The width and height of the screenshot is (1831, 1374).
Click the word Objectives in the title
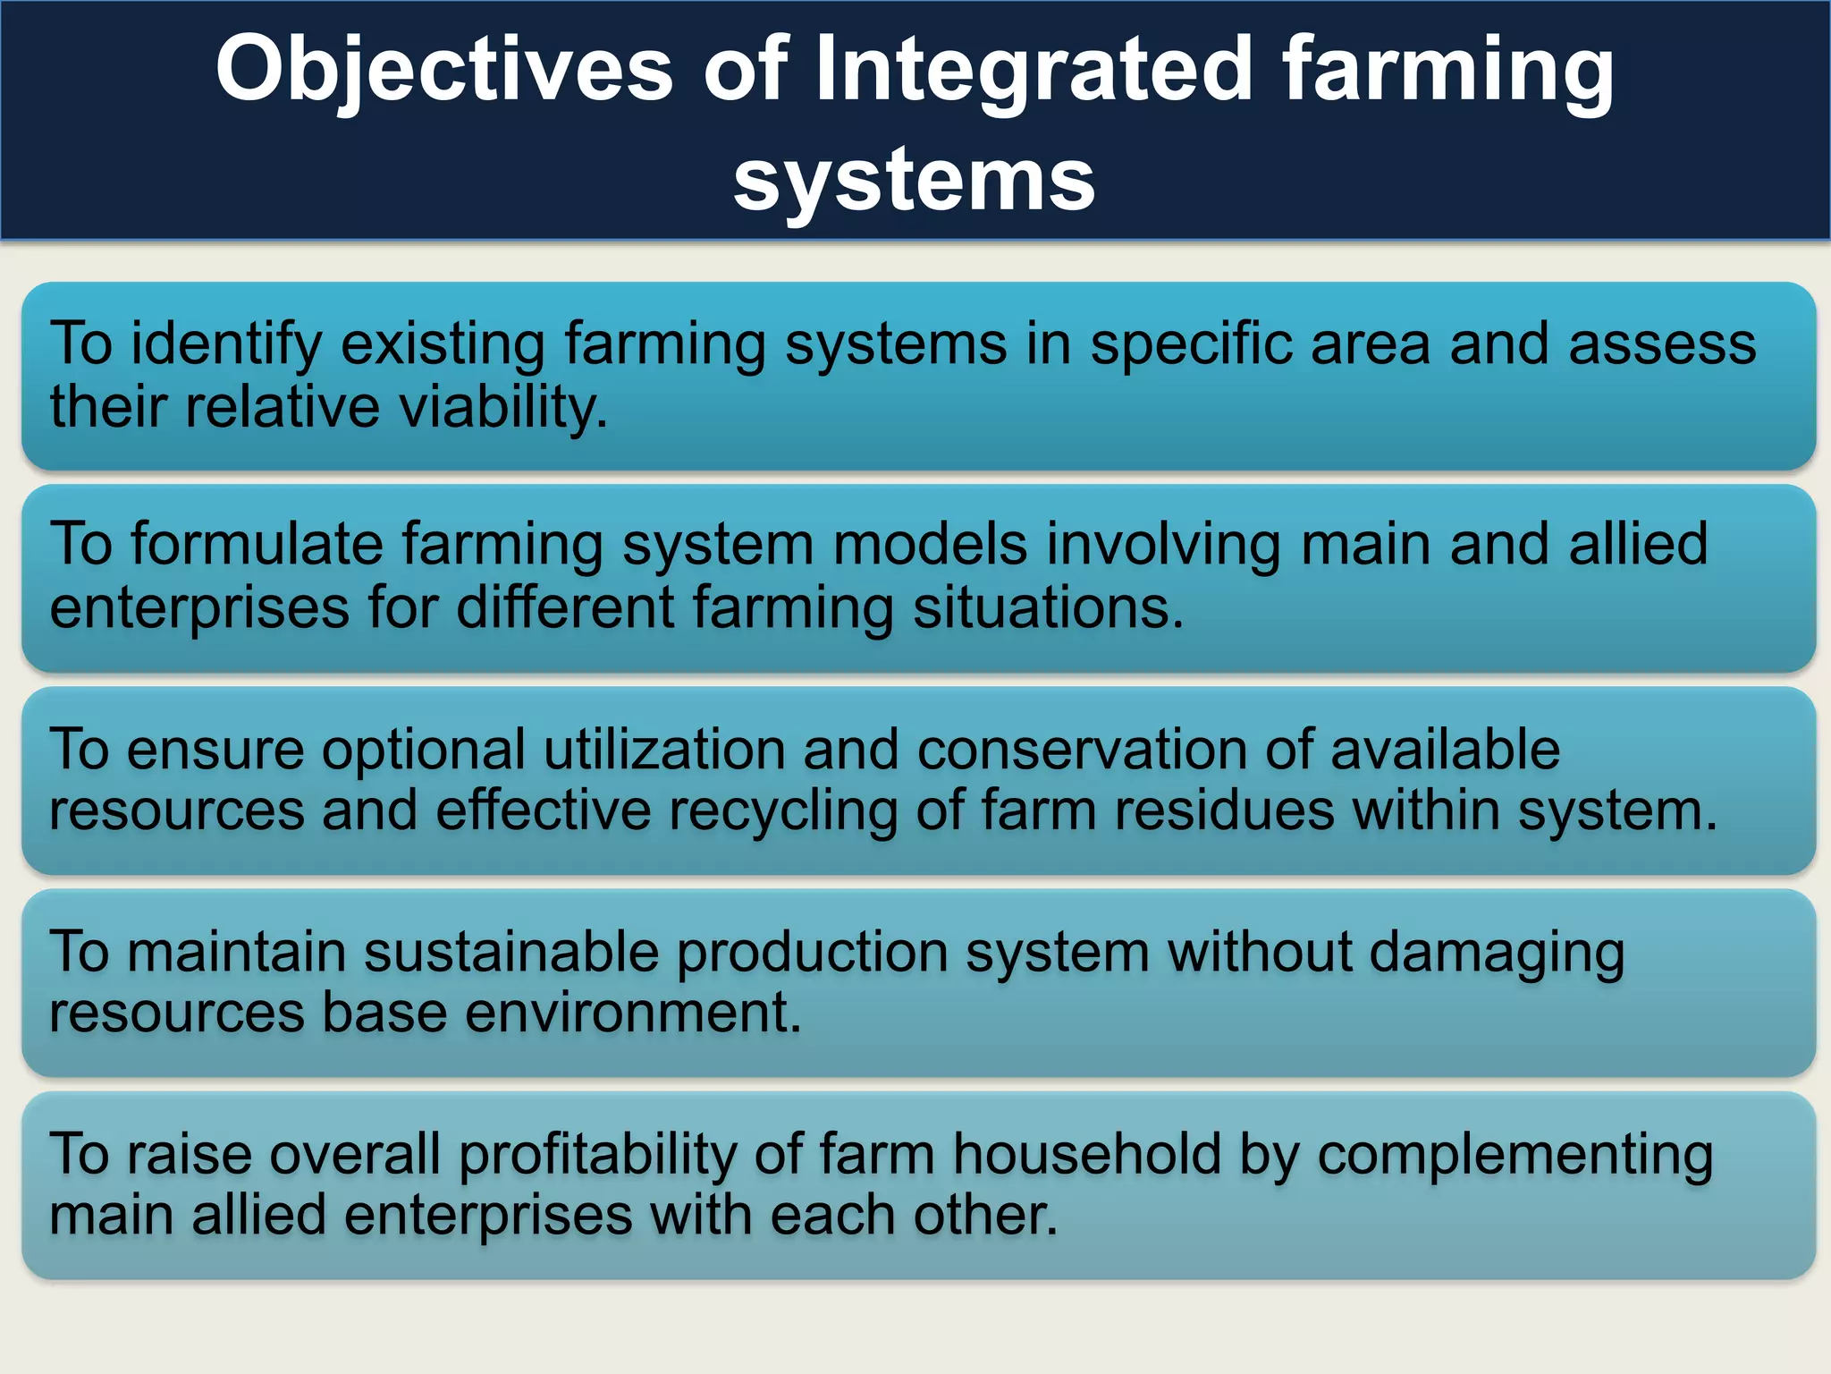(x=444, y=72)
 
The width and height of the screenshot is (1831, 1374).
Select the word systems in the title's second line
(x=914, y=181)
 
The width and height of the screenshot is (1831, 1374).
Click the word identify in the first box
(x=226, y=344)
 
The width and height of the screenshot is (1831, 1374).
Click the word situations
(x=1048, y=608)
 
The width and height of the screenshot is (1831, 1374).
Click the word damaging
(x=1497, y=954)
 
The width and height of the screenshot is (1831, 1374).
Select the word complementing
(x=1515, y=1155)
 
